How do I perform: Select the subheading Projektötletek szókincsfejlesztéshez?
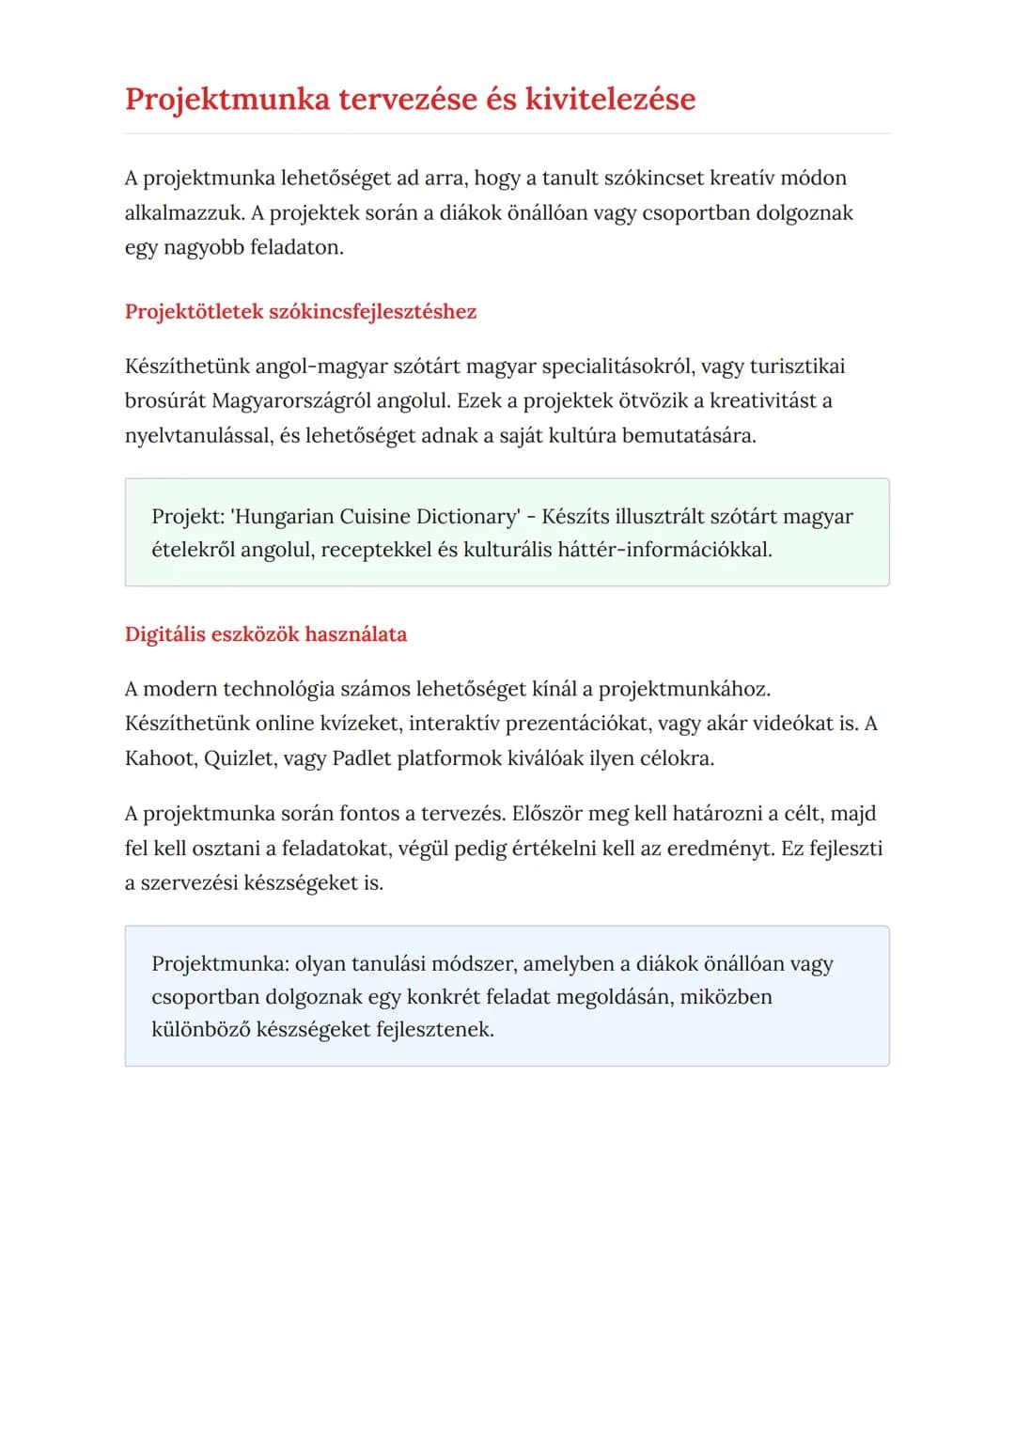click(x=301, y=312)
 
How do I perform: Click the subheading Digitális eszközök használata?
click(x=266, y=634)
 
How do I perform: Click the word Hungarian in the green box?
click(x=283, y=517)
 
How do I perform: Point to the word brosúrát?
click(x=164, y=401)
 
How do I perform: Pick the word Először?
click(x=547, y=814)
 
